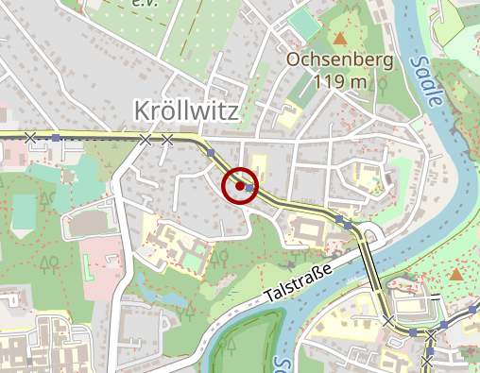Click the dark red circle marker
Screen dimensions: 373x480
[x=240, y=185]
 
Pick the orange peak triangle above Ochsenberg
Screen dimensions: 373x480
[x=339, y=39]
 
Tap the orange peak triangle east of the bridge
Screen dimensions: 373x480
[x=456, y=275]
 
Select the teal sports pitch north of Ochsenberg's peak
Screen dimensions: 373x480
[x=302, y=23]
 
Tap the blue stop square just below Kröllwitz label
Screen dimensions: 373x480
[x=211, y=152]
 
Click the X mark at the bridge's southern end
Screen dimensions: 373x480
[x=389, y=322]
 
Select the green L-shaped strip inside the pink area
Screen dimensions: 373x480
[x=88, y=268]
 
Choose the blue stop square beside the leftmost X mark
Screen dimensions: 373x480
[x=56, y=138]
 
